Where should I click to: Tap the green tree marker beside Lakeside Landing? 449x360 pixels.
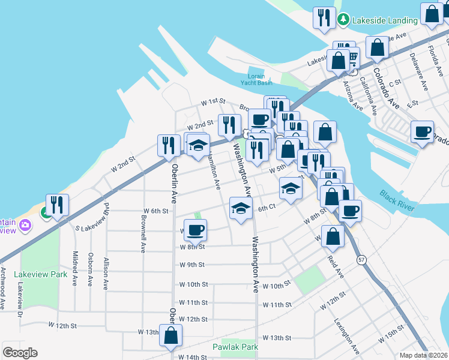343,20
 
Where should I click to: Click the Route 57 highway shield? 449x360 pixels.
361,259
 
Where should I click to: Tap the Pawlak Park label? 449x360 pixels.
235,347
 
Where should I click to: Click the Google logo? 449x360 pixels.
20,353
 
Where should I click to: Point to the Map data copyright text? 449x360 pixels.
424,355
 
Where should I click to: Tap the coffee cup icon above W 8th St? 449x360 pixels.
195,230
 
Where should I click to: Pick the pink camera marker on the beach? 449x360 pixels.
25,226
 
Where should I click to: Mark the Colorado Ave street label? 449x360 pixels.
385,87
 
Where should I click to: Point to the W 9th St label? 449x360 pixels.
192,265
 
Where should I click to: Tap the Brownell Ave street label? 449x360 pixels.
143,238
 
